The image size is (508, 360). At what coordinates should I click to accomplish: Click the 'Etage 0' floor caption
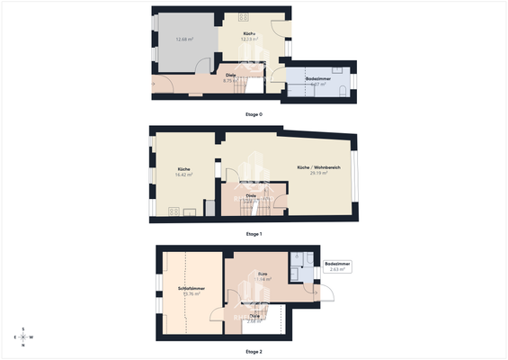(254, 114)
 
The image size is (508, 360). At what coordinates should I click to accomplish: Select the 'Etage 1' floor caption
(254, 234)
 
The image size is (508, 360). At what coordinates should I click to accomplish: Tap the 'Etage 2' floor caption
(254, 351)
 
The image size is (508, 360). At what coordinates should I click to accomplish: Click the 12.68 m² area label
(185, 39)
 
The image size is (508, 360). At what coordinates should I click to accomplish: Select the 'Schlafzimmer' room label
(192, 288)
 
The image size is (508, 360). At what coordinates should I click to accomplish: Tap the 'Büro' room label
(263, 274)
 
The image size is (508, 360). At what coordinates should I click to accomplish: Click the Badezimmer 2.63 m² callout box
(337, 266)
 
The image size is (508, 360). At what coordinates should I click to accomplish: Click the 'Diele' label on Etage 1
(253, 194)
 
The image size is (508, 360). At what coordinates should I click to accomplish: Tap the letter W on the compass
(32, 337)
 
